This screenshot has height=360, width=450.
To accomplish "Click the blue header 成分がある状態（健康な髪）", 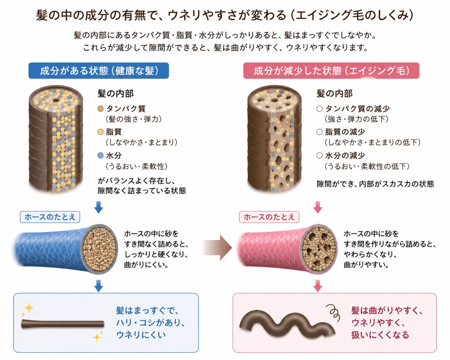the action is coord(99,71).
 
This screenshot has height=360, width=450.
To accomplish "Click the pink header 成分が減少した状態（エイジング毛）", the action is coord(331,71).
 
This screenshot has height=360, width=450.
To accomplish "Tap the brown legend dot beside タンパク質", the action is coord(100,109).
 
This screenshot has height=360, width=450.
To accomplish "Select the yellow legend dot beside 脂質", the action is coord(100,132).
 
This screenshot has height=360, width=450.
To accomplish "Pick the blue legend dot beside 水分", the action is coord(100,156).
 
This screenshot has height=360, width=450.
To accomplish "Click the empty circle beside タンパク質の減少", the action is coord(319,109).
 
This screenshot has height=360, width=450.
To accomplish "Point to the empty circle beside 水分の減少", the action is coord(319,156).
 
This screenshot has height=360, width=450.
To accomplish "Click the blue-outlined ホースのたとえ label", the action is coord(50,217).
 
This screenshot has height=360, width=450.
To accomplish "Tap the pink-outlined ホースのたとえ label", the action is coord(269,217).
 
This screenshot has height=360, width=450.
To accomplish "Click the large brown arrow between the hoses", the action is coord(218,247).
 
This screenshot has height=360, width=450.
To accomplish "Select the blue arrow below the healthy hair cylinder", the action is coord(99,207).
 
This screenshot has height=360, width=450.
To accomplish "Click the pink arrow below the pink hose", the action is coord(318,286).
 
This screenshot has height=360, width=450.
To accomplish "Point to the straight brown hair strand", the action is coord(63,324).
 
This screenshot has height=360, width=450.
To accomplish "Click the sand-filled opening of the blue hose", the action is coord(100,249).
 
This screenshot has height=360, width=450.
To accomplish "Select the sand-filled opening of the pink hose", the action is coord(319,249).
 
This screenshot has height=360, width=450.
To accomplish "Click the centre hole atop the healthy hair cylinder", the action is coord(56,100).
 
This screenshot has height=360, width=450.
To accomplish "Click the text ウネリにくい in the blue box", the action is coord(141,335).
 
